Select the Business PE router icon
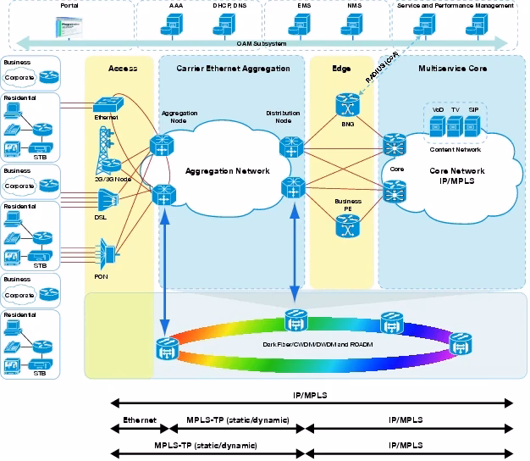pyautogui.click(x=344, y=226)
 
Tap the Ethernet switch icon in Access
pyautogui.click(x=108, y=103)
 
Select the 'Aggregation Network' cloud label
pyautogui.click(x=228, y=171)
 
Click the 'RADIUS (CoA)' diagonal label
pyautogui.click(x=383, y=65)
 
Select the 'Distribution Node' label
pyautogui.click(x=283, y=116)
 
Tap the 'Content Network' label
pyautogui.click(x=455, y=149)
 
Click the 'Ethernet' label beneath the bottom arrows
pyautogui.click(x=140, y=419)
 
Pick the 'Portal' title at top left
pyautogui.click(x=70, y=5)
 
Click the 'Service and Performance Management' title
pyautogui.click(x=455, y=5)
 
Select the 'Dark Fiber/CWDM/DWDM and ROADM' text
pyautogui.click(x=307, y=346)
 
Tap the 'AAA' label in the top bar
pyautogui.click(x=175, y=5)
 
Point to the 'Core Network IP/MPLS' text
pyautogui.click(x=456, y=175)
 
